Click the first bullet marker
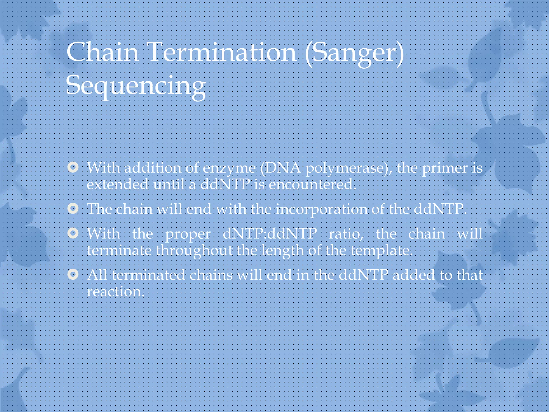coord(73,167)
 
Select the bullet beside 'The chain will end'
coord(73,208)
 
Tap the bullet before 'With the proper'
coord(73,233)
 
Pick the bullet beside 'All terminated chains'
coord(73,274)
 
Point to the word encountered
coord(312,185)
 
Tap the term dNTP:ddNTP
coord(270,234)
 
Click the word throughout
coord(194,251)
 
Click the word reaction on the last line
coord(115,292)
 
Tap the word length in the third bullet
coord(283,251)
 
